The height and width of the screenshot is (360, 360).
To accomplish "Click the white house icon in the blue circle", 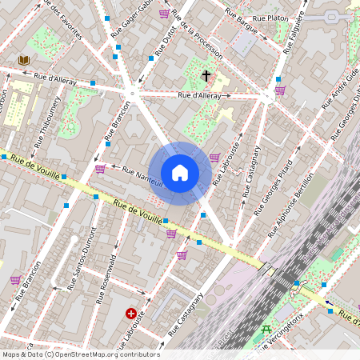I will [180, 173].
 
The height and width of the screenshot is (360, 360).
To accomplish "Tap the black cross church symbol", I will [206, 77].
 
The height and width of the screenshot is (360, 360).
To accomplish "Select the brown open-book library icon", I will [24, 60].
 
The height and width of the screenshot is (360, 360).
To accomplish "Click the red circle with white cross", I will [130, 314].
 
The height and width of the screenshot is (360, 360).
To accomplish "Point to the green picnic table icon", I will [266, 329].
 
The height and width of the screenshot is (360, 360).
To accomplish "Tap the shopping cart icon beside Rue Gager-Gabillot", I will [164, 14].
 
